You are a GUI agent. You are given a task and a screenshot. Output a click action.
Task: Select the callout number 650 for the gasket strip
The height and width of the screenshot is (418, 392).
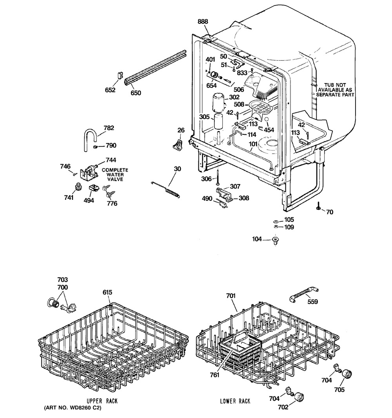pos(136,93)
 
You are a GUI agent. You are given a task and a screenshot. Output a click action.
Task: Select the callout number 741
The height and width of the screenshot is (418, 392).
pos(69,198)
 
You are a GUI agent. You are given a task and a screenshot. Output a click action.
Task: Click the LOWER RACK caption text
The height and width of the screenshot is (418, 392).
pos(235,402)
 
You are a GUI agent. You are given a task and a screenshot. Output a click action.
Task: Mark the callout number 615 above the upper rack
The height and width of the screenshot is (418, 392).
pos(107,292)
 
